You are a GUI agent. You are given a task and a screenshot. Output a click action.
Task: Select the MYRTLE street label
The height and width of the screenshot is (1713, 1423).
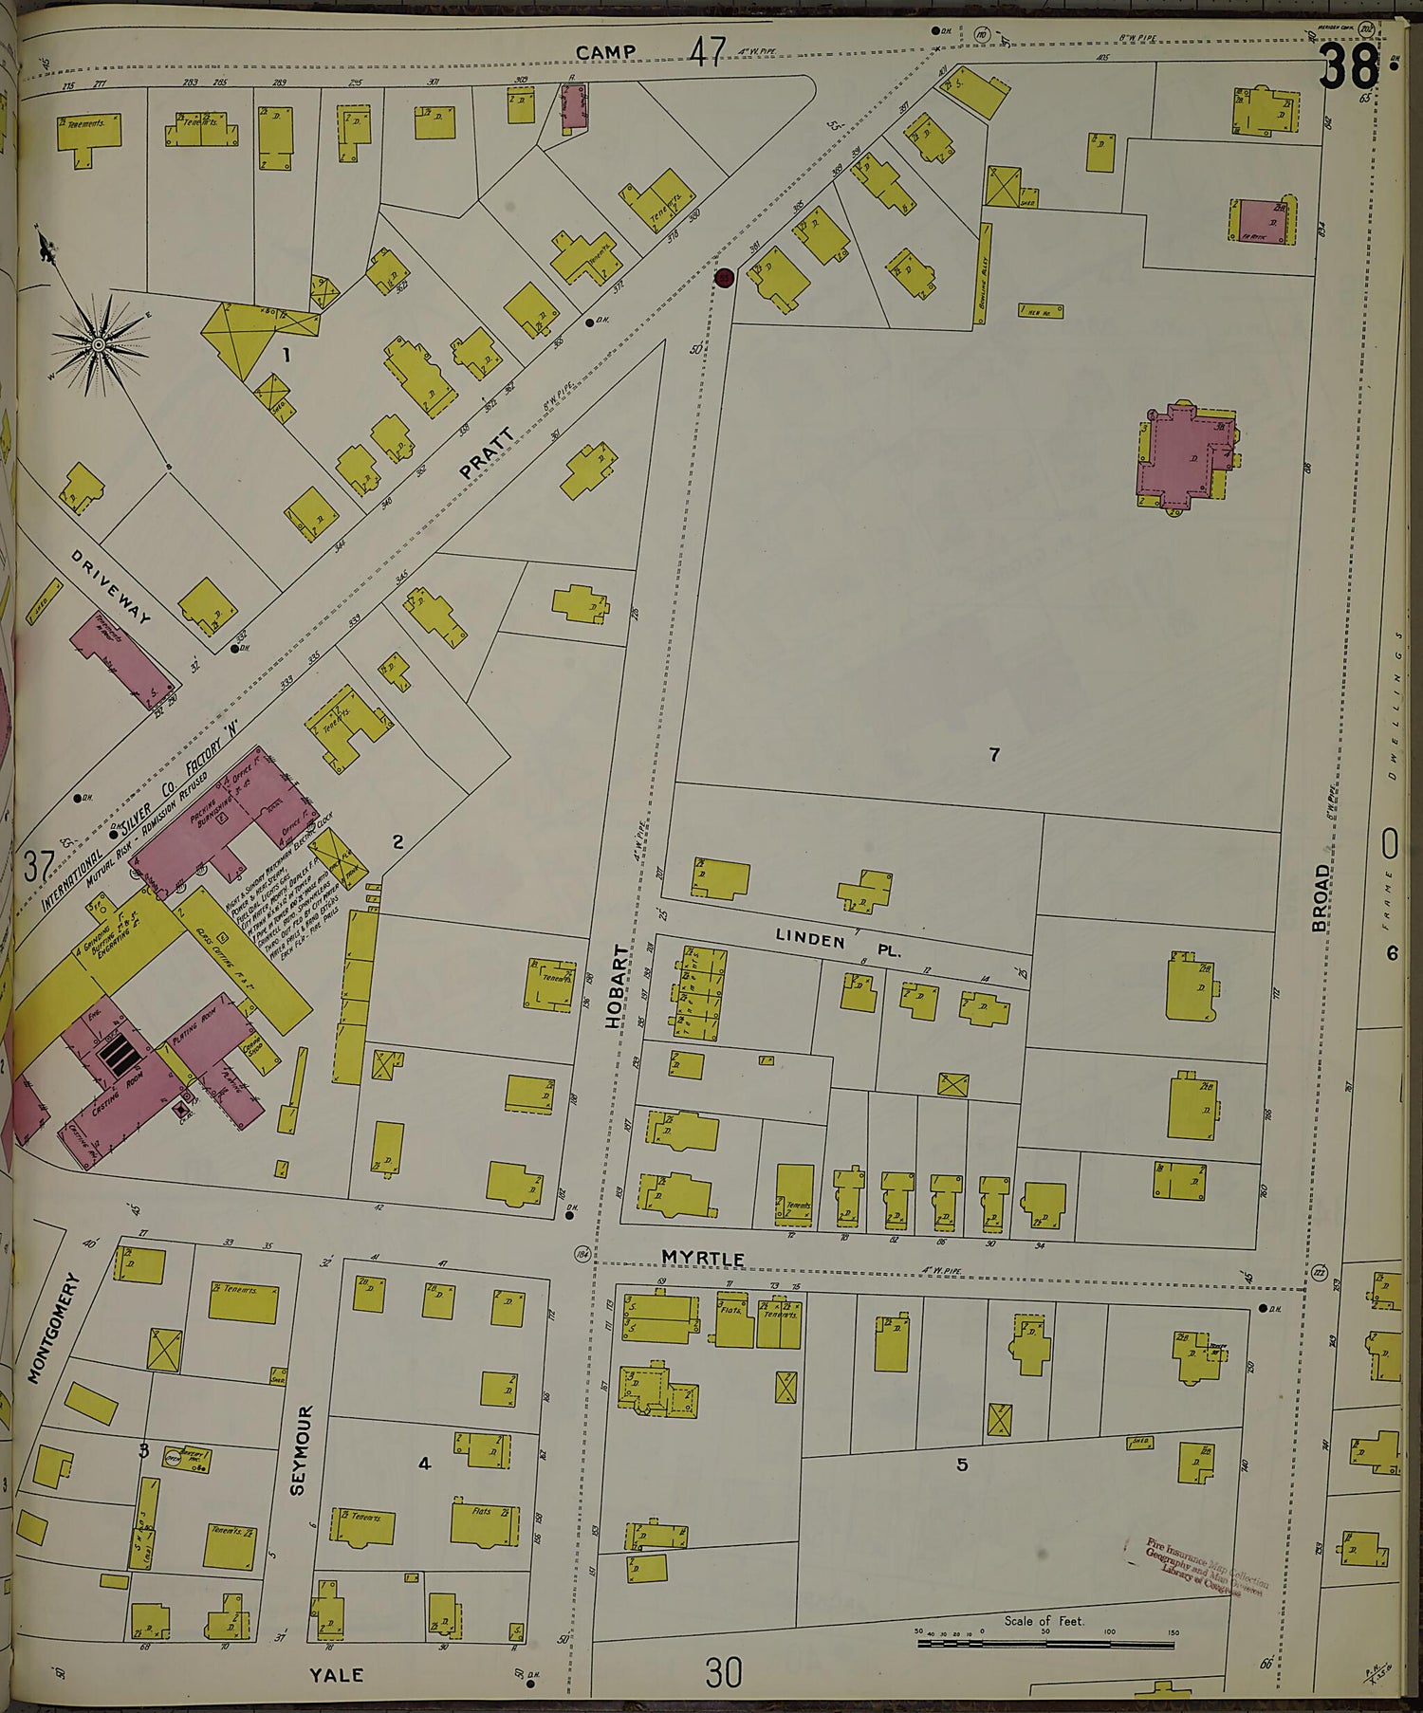click(703, 1258)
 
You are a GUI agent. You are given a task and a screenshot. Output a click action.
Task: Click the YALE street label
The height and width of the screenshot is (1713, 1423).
click(337, 1675)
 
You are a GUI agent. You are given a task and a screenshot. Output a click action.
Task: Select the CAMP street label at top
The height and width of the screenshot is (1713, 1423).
click(605, 52)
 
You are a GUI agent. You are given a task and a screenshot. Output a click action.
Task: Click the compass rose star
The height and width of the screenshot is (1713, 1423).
click(99, 345)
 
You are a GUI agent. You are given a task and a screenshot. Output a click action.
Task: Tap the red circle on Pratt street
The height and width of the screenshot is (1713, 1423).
click(724, 278)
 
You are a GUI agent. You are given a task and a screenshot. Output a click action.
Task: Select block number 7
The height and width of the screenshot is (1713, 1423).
click(994, 755)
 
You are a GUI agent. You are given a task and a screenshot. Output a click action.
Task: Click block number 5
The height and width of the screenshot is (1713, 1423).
click(962, 1464)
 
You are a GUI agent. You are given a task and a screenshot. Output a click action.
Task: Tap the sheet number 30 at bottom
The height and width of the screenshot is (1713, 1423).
click(723, 1672)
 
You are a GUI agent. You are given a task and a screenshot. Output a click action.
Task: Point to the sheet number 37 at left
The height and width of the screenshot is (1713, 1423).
click(38, 867)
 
